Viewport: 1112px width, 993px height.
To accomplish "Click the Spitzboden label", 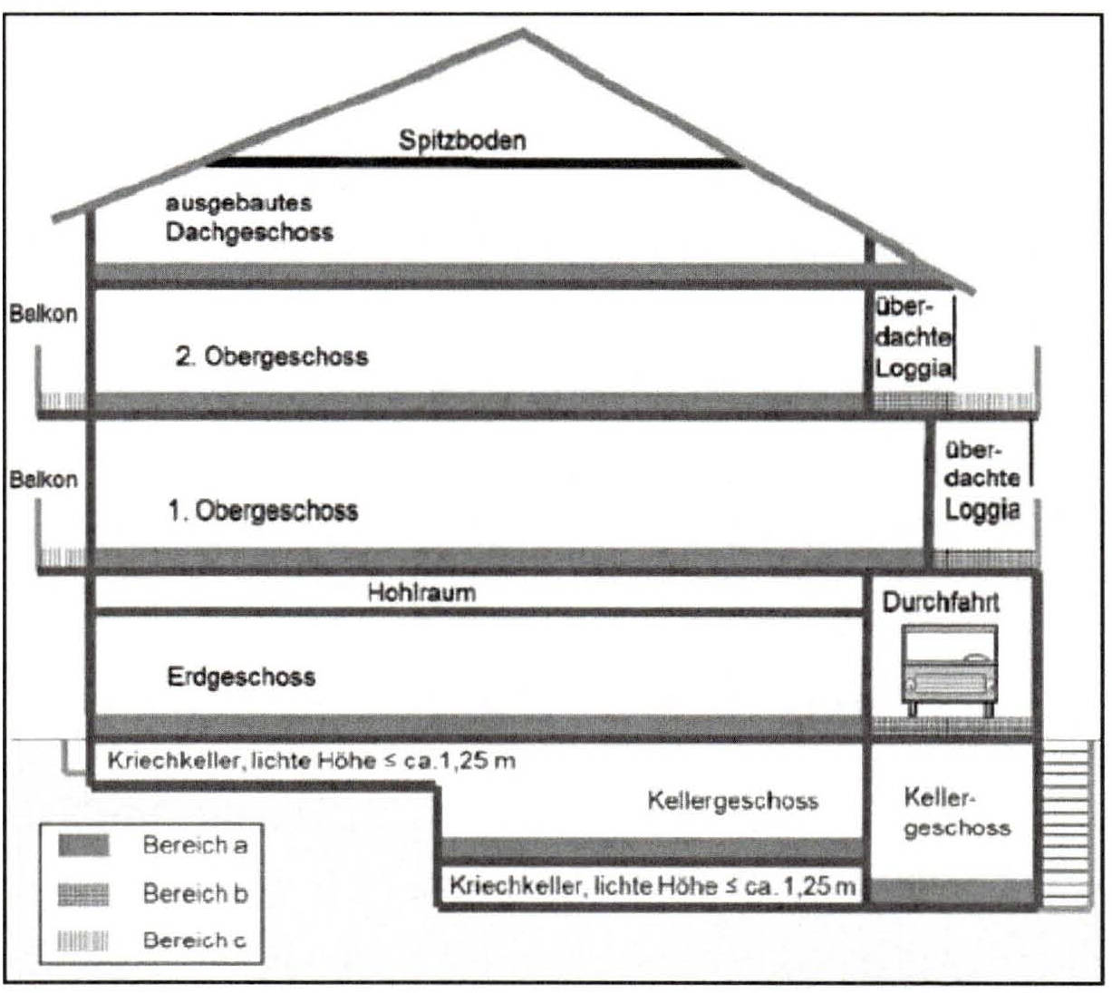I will (461, 141).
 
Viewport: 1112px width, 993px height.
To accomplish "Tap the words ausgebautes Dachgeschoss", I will (248, 218).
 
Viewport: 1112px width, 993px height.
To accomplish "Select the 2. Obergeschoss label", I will (272, 355).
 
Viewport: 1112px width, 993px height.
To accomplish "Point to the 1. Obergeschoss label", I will (263, 511).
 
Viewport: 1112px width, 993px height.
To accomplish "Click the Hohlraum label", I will (421, 593).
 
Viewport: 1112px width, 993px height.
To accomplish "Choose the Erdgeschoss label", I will (241, 677).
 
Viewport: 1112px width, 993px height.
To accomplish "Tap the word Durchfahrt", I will (941, 602).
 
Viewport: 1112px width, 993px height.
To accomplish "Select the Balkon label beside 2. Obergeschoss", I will (43, 315).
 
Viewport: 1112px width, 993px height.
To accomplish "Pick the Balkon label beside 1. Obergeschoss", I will (43, 479).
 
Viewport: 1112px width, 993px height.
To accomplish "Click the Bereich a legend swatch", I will (83, 846).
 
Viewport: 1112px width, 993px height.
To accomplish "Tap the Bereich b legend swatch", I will (83, 894).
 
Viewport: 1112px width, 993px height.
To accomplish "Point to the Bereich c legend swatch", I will (83, 940).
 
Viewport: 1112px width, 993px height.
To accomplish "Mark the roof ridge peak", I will (523, 32).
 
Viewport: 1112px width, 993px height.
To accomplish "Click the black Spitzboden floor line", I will (471, 163).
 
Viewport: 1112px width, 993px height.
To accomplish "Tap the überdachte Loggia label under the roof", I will (913, 337).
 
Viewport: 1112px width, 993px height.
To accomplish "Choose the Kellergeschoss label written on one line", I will (732, 801).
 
